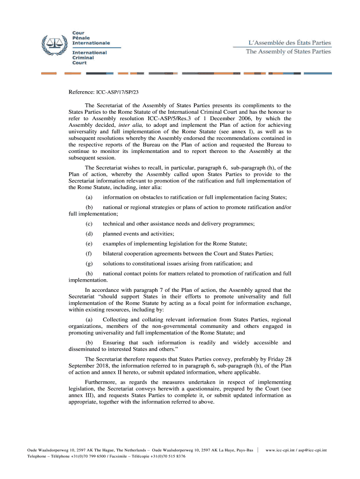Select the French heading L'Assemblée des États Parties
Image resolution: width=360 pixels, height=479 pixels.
point(289,43)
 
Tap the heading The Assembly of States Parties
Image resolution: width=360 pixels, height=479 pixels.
point(288,51)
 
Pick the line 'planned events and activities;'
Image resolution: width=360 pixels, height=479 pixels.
point(138,234)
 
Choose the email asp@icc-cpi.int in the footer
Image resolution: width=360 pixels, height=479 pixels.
point(314,450)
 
